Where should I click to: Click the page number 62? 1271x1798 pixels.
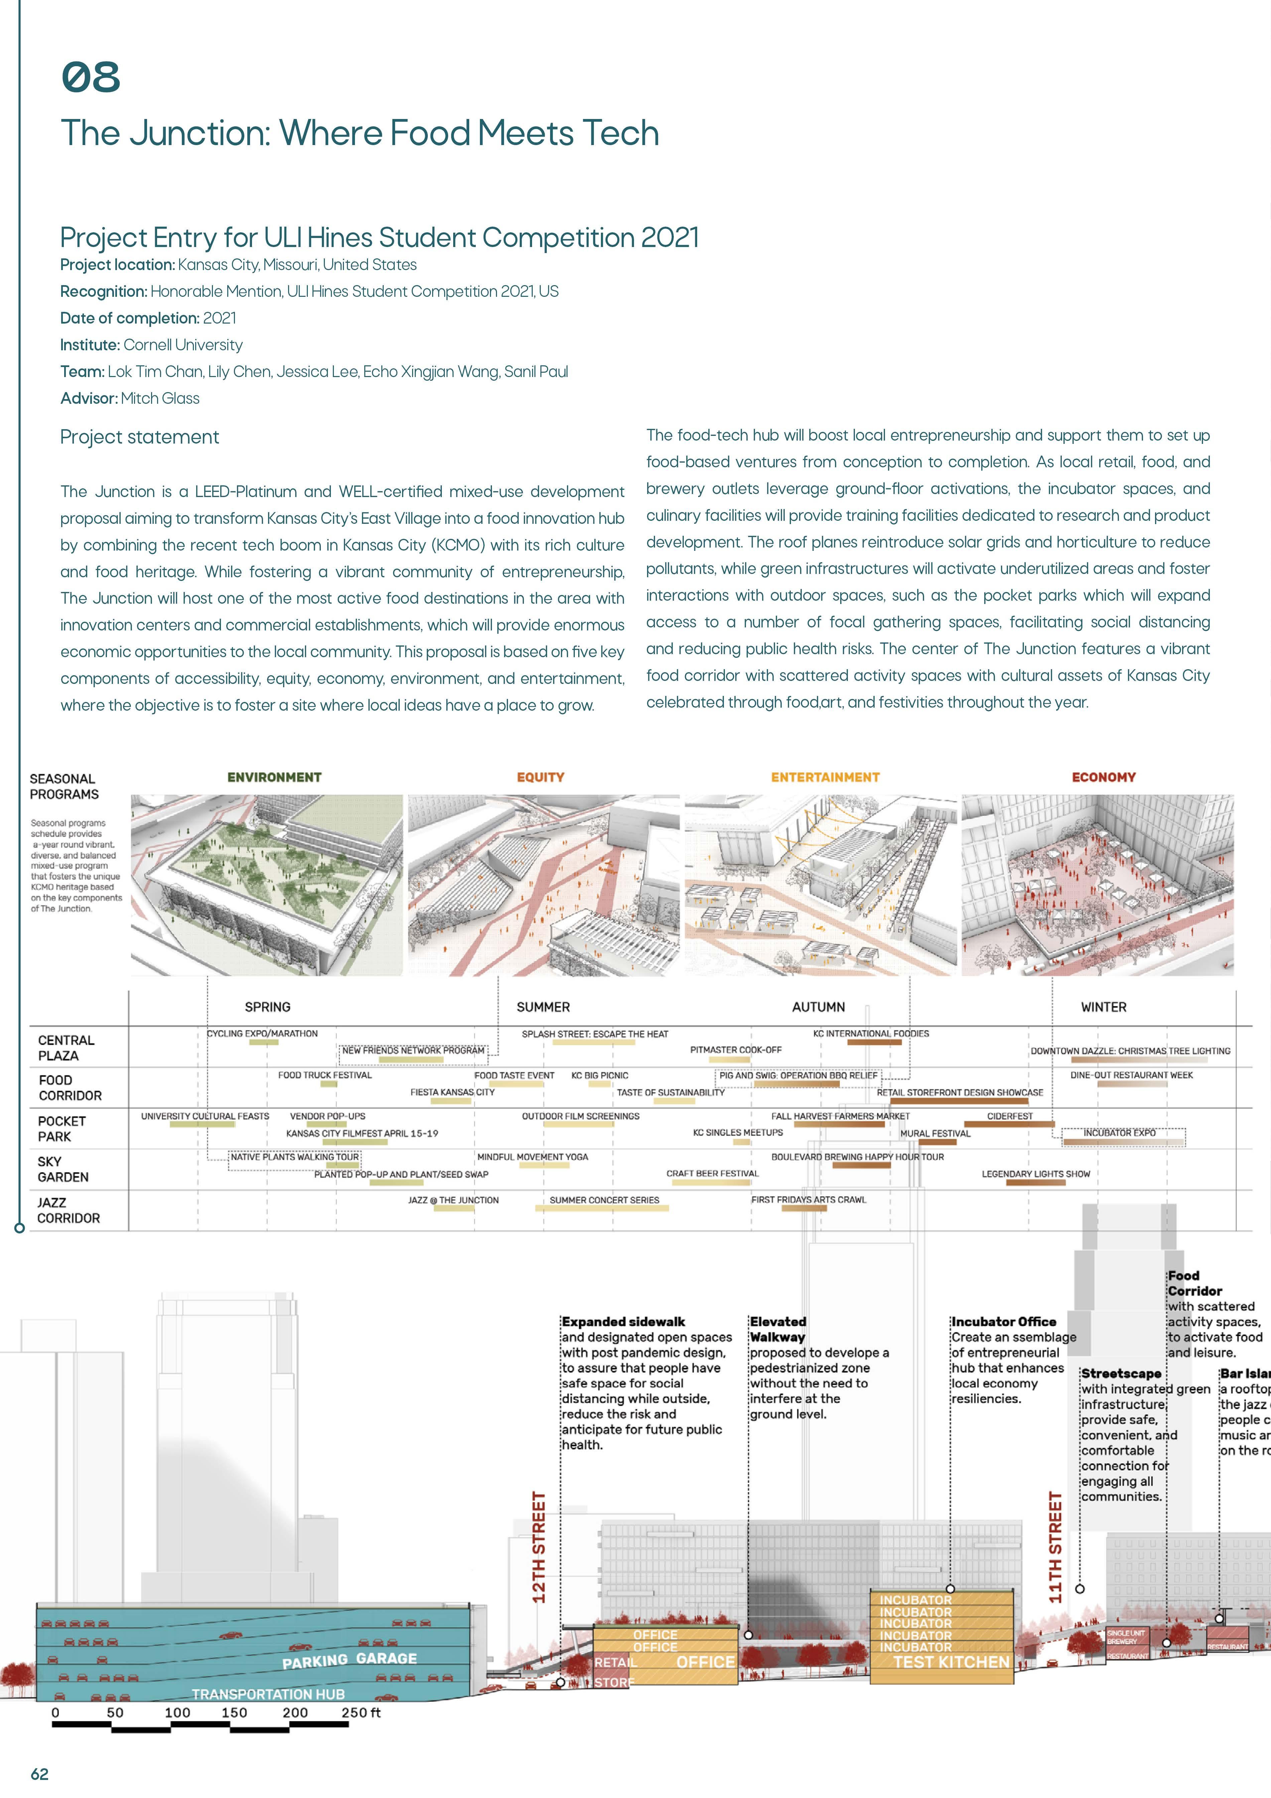[x=39, y=1774]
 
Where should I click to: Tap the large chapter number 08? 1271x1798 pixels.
[x=91, y=78]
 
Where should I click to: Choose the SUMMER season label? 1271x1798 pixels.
[x=543, y=1007]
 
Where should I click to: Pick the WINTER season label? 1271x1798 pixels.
[x=1104, y=1007]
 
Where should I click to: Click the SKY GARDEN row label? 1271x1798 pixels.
[x=62, y=1169]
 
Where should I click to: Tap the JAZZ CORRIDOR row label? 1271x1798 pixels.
[x=68, y=1210]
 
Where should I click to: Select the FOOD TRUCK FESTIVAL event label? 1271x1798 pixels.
[x=325, y=1075]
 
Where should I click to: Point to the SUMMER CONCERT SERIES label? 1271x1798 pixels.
[x=604, y=1200]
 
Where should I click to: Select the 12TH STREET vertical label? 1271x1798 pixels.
[x=539, y=1547]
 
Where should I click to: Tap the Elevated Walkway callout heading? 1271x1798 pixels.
[x=778, y=1329]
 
